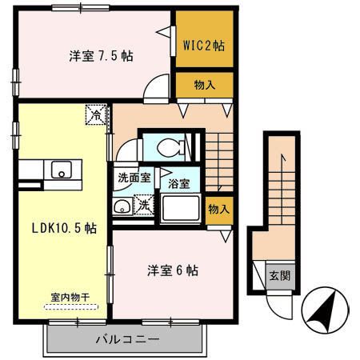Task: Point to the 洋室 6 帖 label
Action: click(172, 270)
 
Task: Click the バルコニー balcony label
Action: click(127, 338)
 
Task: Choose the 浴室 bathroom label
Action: click(179, 183)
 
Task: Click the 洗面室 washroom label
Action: click(134, 178)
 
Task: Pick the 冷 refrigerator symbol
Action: click(95, 114)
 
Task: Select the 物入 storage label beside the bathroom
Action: click(218, 209)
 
